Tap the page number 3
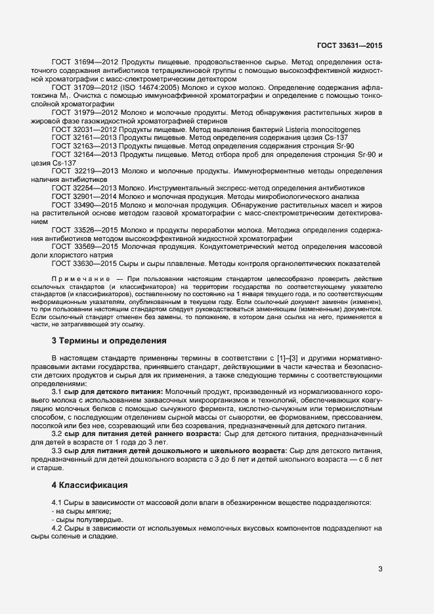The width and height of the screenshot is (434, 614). [x=380, y=569]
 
